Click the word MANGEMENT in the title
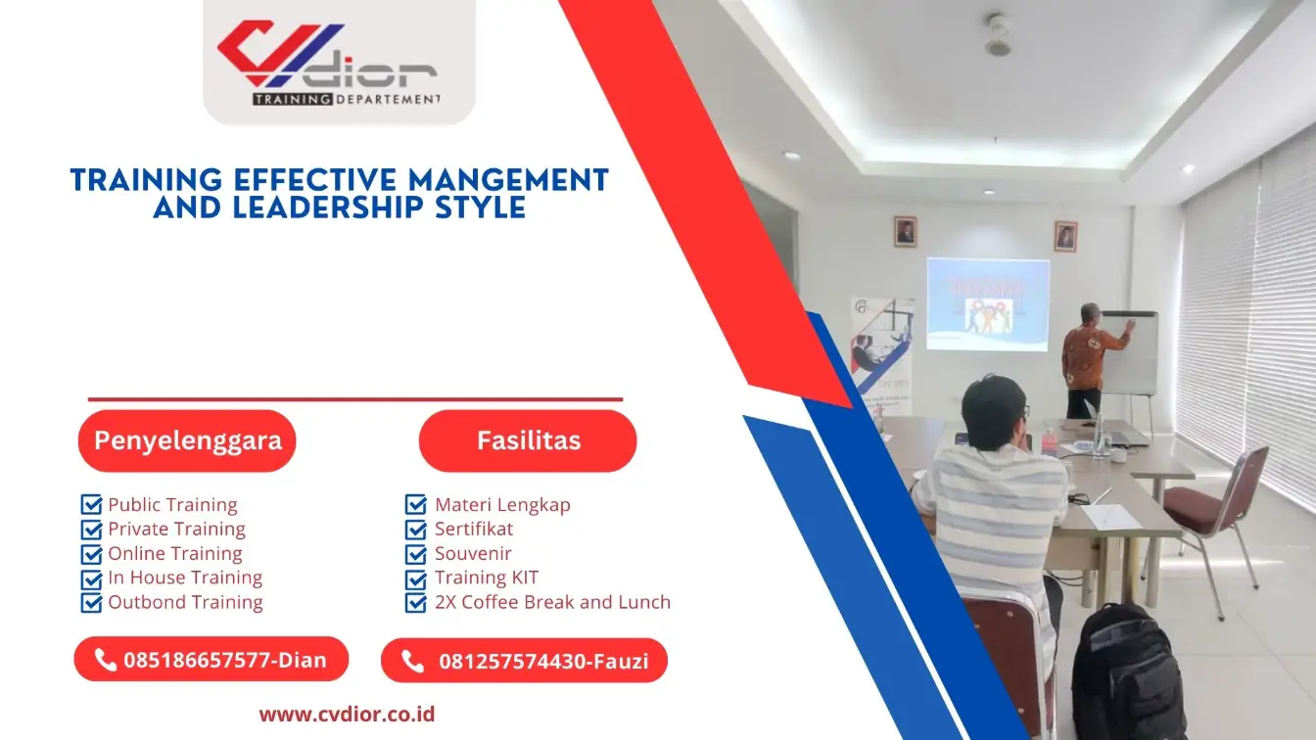[x=508, y=180]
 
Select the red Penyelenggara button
[x=187, y=440]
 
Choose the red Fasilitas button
[x=528, y=440]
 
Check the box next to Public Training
[x=92, y=505]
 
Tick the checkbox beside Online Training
[x=92, y=554]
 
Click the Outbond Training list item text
[x=185, y=602]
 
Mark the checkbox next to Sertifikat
[x=416, y=530]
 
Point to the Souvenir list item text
[x=473, y=554]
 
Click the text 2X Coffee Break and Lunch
[x=552, y=602]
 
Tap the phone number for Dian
[x=224, y=660]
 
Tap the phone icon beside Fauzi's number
[x=413, y=662]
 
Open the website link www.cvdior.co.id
[x=347, y=715]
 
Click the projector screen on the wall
[x=987, y=303]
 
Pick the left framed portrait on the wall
[x=905, y=232]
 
